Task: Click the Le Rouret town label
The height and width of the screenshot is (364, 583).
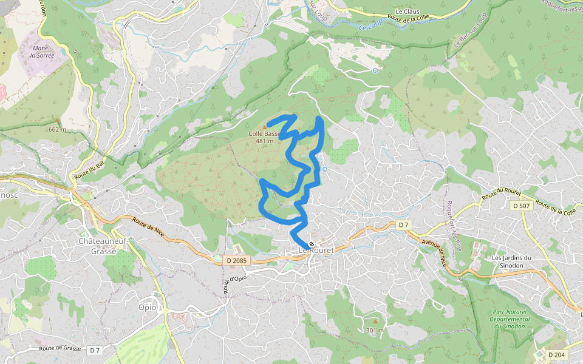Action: point(316,250)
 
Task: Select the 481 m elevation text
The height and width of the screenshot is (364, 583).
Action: point(264,141)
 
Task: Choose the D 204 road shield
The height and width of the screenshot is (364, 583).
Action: point(556,354)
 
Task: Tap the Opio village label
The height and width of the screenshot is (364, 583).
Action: point(147,307)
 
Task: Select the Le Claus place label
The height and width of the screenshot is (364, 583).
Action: point(407,12)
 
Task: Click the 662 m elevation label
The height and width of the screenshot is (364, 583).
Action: point(57,129)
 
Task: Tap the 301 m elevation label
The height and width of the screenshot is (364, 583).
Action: point(375,330)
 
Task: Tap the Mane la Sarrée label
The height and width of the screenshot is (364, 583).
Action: point(42,52)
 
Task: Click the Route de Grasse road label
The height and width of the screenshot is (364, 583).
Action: point(61,348)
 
